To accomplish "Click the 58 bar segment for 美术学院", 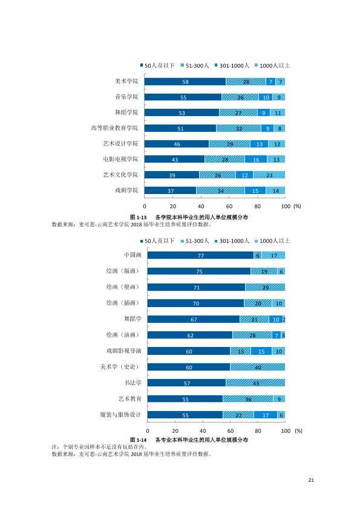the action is coord(185,82).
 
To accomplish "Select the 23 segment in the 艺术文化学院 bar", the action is coord(269,175).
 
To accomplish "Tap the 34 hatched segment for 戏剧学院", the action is coord(220,190).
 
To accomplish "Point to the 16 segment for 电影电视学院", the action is coord(256,160).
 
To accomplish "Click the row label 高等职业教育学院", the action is coord(114,128).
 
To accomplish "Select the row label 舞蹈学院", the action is coord(126,112).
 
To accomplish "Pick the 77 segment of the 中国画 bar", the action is coord(200,255).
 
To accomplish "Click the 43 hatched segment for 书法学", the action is coord(255,383).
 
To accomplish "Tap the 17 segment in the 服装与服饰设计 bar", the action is coord(266,415).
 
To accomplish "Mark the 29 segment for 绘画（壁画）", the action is coord(265,287).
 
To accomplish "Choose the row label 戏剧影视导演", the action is coord(124,351).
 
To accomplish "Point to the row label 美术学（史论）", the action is coord(120,367).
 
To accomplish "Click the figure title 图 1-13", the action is coord(139,217).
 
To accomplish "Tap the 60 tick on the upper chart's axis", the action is coord(229,206).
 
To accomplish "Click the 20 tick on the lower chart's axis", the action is coord(175,431).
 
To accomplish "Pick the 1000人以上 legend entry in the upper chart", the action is coord(272,65).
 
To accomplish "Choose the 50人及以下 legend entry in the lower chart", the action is coord(157,241).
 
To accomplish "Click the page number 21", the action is coord(311,480).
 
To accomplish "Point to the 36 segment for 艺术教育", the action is coord(248,399).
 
